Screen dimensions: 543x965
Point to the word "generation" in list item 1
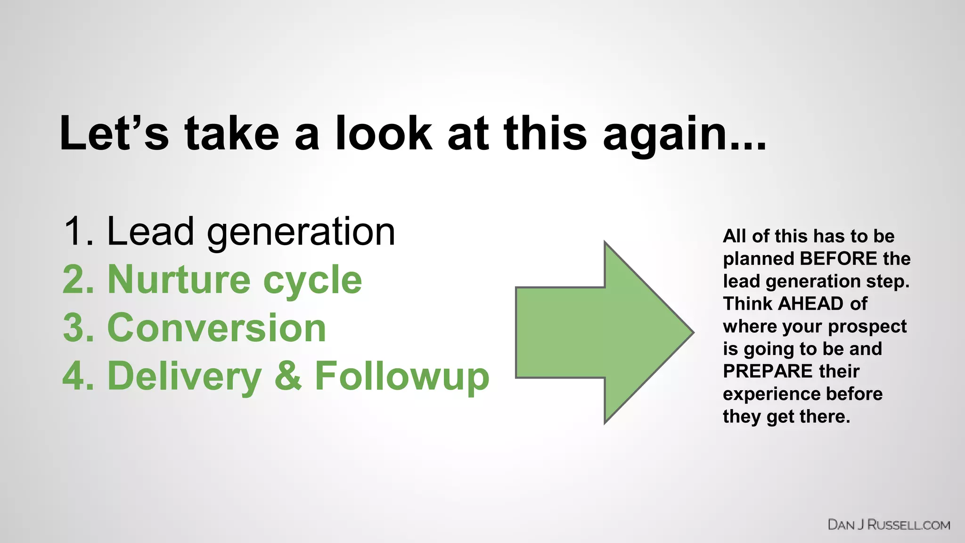301,233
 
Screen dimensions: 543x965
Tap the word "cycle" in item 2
312,282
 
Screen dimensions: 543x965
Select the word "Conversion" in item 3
217,328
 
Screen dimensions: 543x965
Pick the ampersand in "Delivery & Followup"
288,376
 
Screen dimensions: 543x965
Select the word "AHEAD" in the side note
810,304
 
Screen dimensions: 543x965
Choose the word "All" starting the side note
735,236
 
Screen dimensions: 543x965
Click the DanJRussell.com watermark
889,525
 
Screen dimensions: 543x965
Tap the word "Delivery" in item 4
184,377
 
